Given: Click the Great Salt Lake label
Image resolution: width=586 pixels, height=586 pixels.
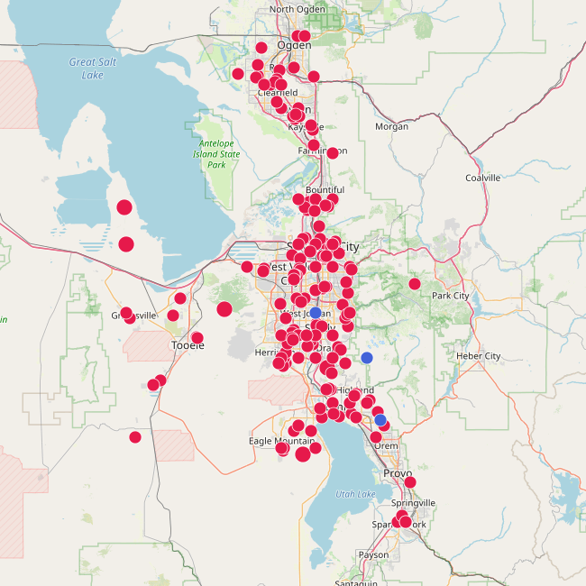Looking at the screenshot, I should pyautogui.click(x=87, y=69).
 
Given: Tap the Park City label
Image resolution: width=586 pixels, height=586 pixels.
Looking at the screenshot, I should pyautogui.click(x=450, y=296).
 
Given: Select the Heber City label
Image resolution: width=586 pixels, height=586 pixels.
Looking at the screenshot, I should pyautogui.click(x=479, y=356).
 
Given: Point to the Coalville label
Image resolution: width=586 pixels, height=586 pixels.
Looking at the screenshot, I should pyautogui.click(x=482, y=178).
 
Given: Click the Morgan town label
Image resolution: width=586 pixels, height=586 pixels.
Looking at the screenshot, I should pyautogui.click(x=391, y=126).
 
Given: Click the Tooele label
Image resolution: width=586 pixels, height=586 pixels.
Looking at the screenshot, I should pyautogui.click(x=187, y=345).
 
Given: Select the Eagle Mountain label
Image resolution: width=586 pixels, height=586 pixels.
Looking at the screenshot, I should pyautogui.click(x=282, y=441).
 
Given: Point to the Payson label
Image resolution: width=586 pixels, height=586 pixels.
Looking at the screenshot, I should pyautogui.click(x=373, y=554).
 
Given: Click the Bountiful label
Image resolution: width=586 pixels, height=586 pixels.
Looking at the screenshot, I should pyautogui.click(x=325, y=190).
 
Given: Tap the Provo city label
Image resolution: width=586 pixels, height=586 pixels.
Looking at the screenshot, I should pyautogui.click(x=397, y=473).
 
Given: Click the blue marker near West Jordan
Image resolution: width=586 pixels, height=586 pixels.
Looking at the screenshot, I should pyautogui.click(x=316, y=313).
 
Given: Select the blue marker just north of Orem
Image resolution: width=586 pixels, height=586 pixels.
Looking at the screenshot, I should pyautogui.click(x=380, y=419).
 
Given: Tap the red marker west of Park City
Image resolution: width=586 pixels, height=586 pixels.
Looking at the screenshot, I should pyautogui.click(x=415, y=284).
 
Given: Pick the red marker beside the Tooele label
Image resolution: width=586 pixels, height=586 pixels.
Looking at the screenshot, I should pyautogui.click(x=197, y=338).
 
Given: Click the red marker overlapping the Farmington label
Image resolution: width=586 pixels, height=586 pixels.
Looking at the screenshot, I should pyautogui.click(x=333, y=152).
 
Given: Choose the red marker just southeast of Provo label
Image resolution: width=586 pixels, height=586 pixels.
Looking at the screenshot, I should pyautogui.click(x=410, y=482).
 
